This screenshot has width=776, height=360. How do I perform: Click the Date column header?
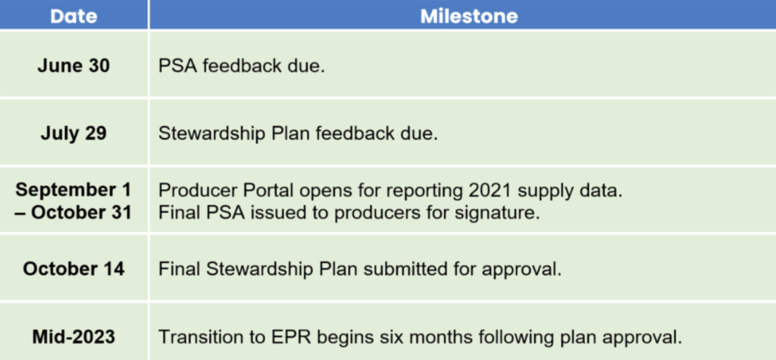tap(74, 17)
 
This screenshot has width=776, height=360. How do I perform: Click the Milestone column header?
tap(468, 17)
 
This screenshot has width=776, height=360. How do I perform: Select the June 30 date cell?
tap(74, 66)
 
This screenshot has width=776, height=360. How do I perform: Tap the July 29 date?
tap(74, 133)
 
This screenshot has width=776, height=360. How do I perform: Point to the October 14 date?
tap(74, 269)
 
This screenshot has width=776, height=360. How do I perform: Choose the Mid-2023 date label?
tap(74, 337)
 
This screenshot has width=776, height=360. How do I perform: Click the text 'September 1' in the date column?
tap(74, 189)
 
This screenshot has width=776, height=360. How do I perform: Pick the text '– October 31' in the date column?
tap(74, 213)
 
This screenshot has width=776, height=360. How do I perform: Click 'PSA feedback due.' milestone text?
tap(242, 66)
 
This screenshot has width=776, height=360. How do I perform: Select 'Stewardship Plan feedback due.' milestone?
tap(298, 134)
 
